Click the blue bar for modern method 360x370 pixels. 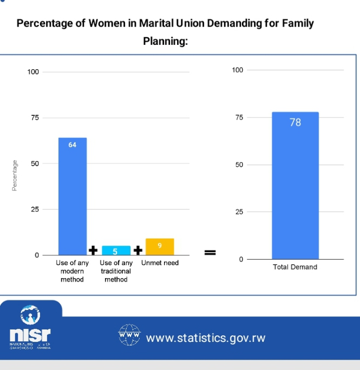click(x=73, y=200)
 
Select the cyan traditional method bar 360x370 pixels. click(x=116, y=250)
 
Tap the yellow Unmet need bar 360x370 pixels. click(x=160, y=247)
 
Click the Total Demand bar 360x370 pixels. click(x=295, y=189)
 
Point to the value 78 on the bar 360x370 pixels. click(x=295, y=122)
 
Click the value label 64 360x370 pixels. click(x=73, y=144)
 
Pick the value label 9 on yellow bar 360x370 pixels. click(x=160, y=246)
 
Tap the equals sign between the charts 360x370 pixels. click(x=210, y=252)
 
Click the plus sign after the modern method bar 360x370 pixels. click(x=93, y=250)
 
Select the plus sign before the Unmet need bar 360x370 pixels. click(x=138, y=250)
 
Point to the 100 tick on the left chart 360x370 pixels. click(x=33, y=71)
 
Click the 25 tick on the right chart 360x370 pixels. click(x=239, y=212)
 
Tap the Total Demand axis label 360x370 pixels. click(x=295, y=267)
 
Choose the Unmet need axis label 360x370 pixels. click(x=160, y=263)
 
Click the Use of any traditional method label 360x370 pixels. click(x=116, y=271)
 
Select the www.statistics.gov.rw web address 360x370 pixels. click(x=206, y=338)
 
